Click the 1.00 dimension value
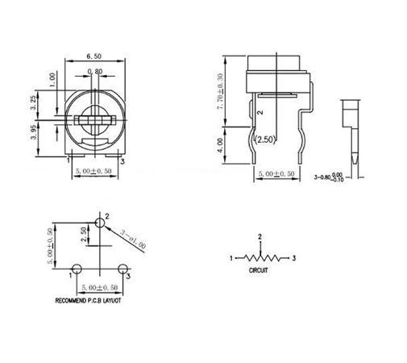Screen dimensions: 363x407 click(x=54, y=81)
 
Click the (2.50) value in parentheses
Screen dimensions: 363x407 click(x=265, y=140)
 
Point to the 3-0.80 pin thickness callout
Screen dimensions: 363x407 click(x=332, y=174)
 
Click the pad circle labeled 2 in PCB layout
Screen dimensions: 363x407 click(x=99, y=221)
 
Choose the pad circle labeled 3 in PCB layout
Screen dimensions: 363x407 click(x=123, y=268)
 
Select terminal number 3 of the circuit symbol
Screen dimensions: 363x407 click(x=295, y=258)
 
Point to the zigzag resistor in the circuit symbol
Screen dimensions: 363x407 click(x=260, y=259)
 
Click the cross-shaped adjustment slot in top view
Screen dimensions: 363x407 click(x=94, y=121)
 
